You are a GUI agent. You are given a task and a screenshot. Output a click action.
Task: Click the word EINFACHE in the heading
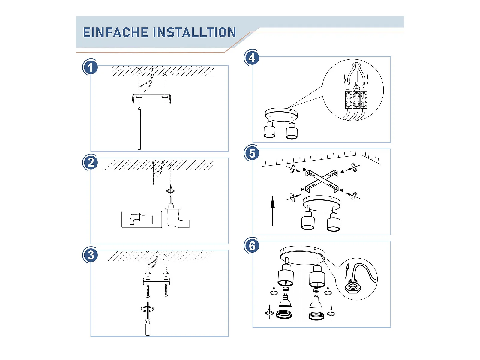pyautogui.click(x=115, y=32)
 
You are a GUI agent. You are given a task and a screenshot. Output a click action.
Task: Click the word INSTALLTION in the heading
pyautogui.click(x=195, y=32)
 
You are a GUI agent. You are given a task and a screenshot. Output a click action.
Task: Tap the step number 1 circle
pyautogui.click(x=90, y=67)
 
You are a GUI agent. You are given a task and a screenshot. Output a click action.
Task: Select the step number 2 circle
pyautogui.click(x=90, y=163)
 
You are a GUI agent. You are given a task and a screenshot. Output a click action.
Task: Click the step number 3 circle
pyautogui.click(x=90, y=255)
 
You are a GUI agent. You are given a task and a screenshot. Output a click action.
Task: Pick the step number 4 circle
pyautogui.click(x=252, y=58)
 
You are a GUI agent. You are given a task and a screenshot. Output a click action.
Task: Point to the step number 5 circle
pyautogui.click(x=252, y=153)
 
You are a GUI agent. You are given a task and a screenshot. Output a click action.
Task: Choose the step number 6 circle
pyautogui.click(x=252, y=246)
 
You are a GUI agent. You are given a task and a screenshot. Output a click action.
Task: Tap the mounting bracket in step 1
pyautogui.click(x=151, y=97)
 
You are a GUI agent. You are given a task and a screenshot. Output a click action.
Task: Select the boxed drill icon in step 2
pyautogui.click(x=142, y=219)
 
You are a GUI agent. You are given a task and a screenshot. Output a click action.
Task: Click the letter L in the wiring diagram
pyautogui.click(x=347, y=88)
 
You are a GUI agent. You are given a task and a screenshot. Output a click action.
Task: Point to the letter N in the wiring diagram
pyautogui.click(x=363, y=87)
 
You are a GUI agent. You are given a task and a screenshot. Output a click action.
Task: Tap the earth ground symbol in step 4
pyautogui.click(x=356, y=88)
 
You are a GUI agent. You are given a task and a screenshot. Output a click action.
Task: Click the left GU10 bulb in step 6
pyautogui.click(x=285, y=301)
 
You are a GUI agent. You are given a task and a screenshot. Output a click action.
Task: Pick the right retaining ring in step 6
pyautogui.click(x=316, y=316)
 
